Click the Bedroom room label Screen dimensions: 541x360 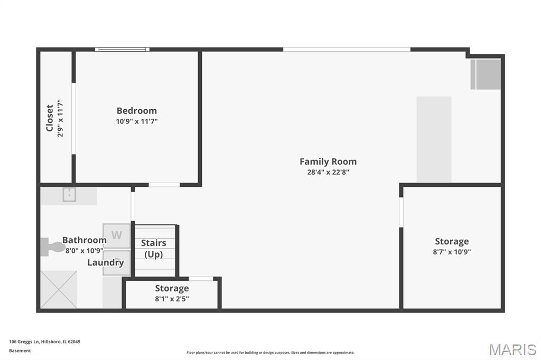(137, 111)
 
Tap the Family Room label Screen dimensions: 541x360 (328, 162)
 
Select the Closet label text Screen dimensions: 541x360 (50, 118)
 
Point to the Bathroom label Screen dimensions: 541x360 (84, 240)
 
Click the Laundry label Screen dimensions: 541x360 (106, 263)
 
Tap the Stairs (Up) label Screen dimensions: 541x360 (154, 249)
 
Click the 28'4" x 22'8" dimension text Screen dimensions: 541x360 (328, 172)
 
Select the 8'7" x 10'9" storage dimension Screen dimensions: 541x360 (452, 252)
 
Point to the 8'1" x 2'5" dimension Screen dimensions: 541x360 (172, 299)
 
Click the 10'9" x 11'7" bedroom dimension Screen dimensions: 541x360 (137, 121)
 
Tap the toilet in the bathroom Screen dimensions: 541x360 (52, 247)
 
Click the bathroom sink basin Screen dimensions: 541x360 (69, 195)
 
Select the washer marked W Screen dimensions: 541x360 (117, 236)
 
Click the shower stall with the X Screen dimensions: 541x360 (59, 289)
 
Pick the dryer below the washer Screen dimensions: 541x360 (117, 263)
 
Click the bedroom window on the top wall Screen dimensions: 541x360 (122, 49)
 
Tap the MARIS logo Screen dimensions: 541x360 (512, 349)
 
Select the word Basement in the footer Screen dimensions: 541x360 (20, 350)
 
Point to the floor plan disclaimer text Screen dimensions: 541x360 (270, 353)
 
